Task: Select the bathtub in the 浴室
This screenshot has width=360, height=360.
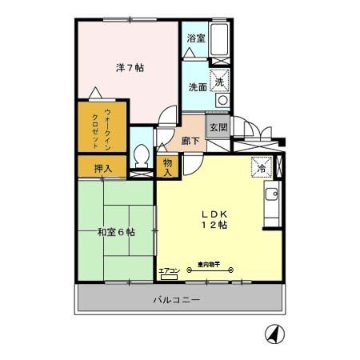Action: coord(220,38)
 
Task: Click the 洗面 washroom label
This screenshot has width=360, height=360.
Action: coord(198,86)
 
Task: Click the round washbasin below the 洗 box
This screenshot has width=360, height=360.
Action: coord(222,102)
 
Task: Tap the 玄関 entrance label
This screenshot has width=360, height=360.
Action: coord(218,127)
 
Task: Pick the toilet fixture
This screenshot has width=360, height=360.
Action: coord(142,155)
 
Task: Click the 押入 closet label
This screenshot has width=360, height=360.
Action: coord(103,168)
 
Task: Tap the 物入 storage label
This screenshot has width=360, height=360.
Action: coord(167,166)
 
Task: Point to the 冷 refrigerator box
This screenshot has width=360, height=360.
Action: coord(261,168)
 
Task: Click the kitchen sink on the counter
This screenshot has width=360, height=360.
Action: coord(271,194)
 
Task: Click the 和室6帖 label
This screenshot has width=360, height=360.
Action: coord(116,232)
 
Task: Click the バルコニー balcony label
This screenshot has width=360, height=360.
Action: coord(177,300)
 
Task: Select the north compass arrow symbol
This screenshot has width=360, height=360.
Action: coord(274,333)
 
